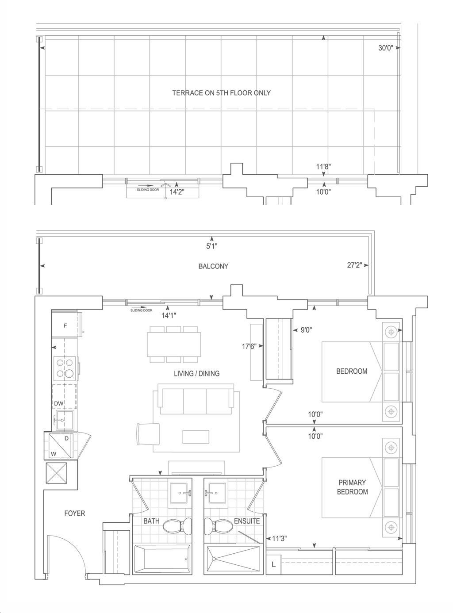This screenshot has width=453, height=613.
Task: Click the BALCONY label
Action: (213, 266)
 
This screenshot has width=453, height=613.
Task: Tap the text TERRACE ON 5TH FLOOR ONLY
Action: (221, 93)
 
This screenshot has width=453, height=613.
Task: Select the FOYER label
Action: (75, 513)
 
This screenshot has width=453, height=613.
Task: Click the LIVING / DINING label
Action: (196, 374)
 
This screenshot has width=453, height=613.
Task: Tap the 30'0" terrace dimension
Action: (385, 48)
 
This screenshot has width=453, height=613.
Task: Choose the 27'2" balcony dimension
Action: (354, 265)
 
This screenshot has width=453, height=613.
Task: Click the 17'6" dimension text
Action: (249, 346)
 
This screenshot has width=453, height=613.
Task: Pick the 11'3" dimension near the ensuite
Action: (279, 538)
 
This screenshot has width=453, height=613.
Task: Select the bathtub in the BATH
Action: (162, 559)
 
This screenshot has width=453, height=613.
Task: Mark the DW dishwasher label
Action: (59, 403)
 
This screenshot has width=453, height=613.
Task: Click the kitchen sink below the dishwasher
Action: (65, 420)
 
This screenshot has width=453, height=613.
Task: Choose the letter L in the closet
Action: (273, 565)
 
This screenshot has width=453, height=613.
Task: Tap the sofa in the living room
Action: (196, 399)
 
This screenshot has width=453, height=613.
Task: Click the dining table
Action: (174, 345)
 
